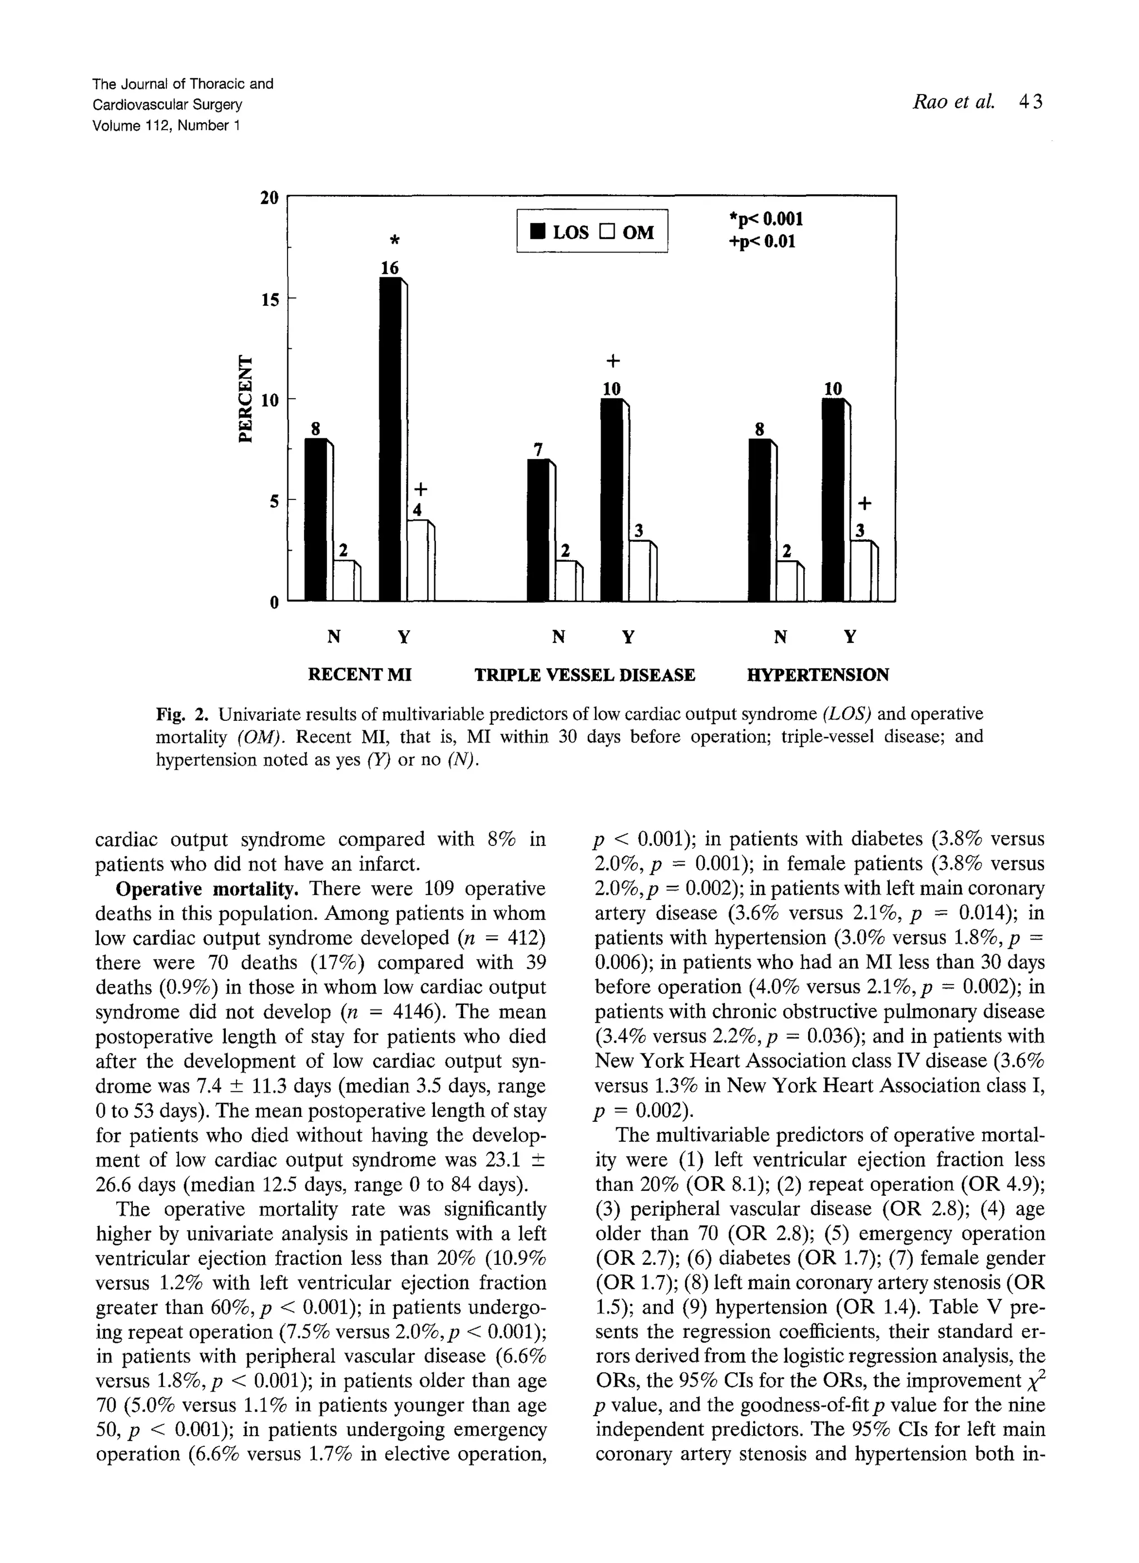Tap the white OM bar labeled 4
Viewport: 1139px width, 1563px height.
coord(418,560)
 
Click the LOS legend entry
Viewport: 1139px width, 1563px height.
coord(559,231)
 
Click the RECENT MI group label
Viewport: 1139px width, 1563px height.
coord(359,674)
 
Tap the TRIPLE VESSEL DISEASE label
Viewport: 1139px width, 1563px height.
coord(585,674)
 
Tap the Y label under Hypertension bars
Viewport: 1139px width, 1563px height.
coord(850,636)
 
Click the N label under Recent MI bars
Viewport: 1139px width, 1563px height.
coord(333,636)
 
